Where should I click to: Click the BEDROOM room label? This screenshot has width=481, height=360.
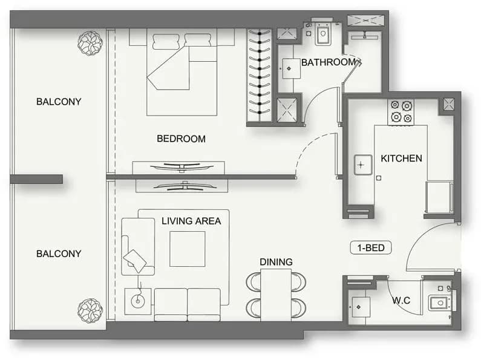tap(181, 139)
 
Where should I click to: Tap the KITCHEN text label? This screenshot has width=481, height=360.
tap(401, 159)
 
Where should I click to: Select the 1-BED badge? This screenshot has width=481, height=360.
tap(370, 248)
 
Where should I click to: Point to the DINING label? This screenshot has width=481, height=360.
tap(276, 262)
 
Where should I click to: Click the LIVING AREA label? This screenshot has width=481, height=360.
tap(191, 221)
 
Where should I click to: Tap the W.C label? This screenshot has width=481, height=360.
tap(401, 300)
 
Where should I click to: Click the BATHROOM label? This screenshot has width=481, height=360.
tap(329, 62)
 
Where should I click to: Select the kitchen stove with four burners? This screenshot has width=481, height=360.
tap(401, 112)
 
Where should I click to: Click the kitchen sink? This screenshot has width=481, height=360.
tap(363, 165)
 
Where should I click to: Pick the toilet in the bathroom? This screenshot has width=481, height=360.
tap(322, 33)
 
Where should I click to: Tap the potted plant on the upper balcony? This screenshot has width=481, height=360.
tap(90, 43)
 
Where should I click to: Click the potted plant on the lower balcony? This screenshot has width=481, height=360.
tap(90, 310)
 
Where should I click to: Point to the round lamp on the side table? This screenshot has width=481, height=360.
tap(138, 301)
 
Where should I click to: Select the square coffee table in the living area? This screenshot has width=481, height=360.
tap(188, 249)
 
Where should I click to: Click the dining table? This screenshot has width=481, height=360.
tap(276, 295)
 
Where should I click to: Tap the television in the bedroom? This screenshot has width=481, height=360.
tap(182, 167)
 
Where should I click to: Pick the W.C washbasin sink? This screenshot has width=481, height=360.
tap(439, 303)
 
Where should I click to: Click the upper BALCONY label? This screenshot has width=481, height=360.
tap(59, 102)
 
